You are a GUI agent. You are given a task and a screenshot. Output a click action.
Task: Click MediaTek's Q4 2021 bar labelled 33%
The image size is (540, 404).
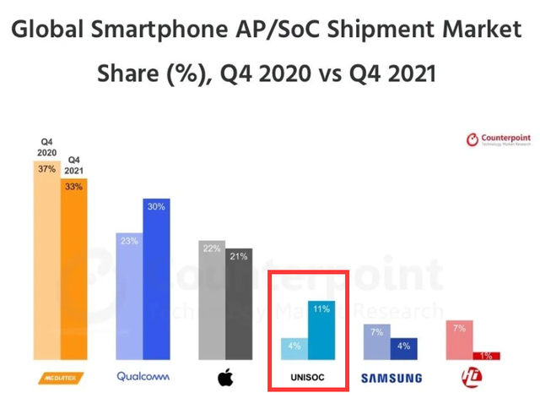coord(73,270)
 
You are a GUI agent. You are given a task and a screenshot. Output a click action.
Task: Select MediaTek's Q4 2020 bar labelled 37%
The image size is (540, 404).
coord(46,262)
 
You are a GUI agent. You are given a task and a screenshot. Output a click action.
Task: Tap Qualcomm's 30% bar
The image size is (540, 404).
coord(157,283)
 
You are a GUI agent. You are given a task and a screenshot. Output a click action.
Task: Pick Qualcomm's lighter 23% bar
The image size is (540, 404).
coord(129,296)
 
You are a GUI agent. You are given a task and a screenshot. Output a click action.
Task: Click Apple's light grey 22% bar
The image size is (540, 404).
coord(212,300)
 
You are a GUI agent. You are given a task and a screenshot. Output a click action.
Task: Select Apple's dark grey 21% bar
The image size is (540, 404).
coord(239,304)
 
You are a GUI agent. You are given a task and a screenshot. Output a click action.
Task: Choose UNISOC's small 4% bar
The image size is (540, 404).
coord(294,349)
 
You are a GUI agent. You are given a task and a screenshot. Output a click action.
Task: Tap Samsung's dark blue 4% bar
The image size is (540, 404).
coord(404,349)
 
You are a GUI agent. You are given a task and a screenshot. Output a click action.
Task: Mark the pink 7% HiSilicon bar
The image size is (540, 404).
coord(459,341)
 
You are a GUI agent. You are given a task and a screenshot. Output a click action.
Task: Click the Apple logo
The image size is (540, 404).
coord(225,377)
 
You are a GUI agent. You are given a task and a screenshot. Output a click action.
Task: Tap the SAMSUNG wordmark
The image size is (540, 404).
coord(391,378)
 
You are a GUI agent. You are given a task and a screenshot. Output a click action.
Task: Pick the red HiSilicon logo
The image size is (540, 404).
coord(472,377)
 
